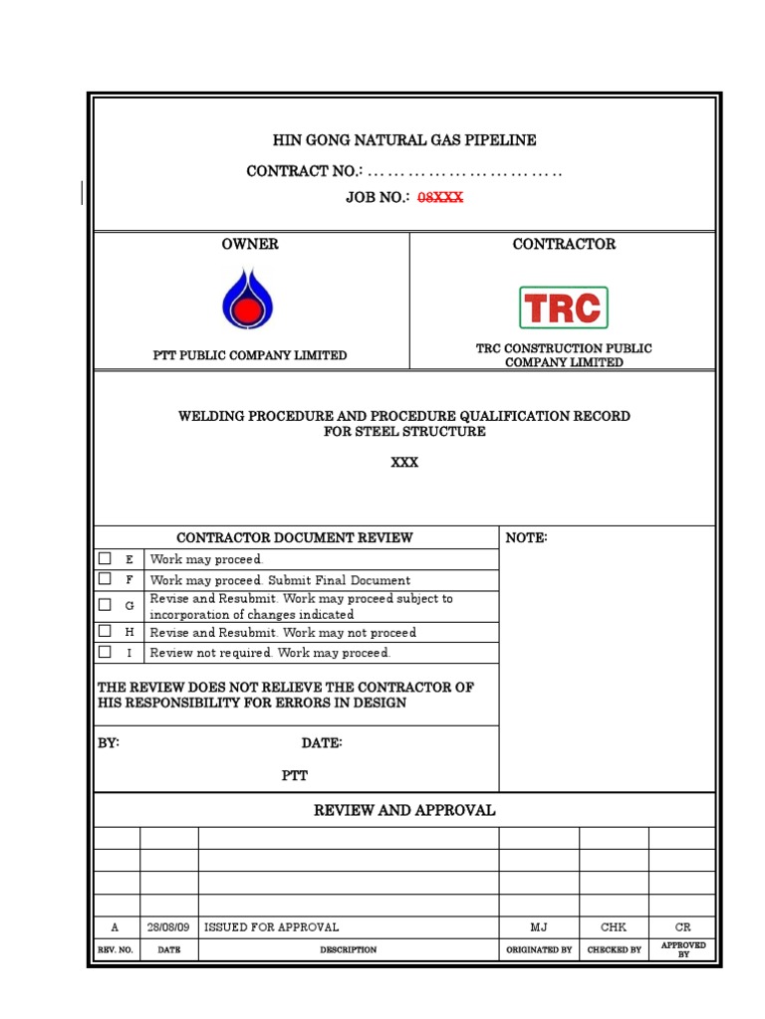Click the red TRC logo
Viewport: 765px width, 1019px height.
(x=563, y=307)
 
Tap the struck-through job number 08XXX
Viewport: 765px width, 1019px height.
(x=439, y=198)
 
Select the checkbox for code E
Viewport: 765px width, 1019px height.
(x=105, y=558)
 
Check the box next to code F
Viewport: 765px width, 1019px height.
(x=105, y=578)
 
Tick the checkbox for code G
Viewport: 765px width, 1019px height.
(x=105, y=604)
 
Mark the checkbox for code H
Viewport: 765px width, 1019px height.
(x=105, y=631)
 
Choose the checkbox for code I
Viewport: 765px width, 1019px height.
(x=105, y=652)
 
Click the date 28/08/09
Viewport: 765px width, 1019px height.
(x=168, y=926)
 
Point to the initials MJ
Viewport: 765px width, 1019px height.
(x=538, y=926)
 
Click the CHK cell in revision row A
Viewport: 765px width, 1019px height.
(x=614, y=926)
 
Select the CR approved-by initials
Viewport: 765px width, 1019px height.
(x=682, y=926)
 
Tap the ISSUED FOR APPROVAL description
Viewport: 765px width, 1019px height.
(x=272, y=926)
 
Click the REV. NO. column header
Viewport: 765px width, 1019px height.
(x=116, y=949)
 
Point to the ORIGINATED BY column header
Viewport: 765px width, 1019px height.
(x=539, y=949)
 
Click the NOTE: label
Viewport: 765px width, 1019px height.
(x=527, y=537)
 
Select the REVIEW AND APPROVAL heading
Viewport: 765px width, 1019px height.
(x=404, y=810)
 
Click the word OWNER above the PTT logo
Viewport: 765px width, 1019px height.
(x=250, y=244)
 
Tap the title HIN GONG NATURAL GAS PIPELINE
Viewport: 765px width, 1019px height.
(x=404, y=140)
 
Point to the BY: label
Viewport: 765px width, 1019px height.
(x=109, y=743)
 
